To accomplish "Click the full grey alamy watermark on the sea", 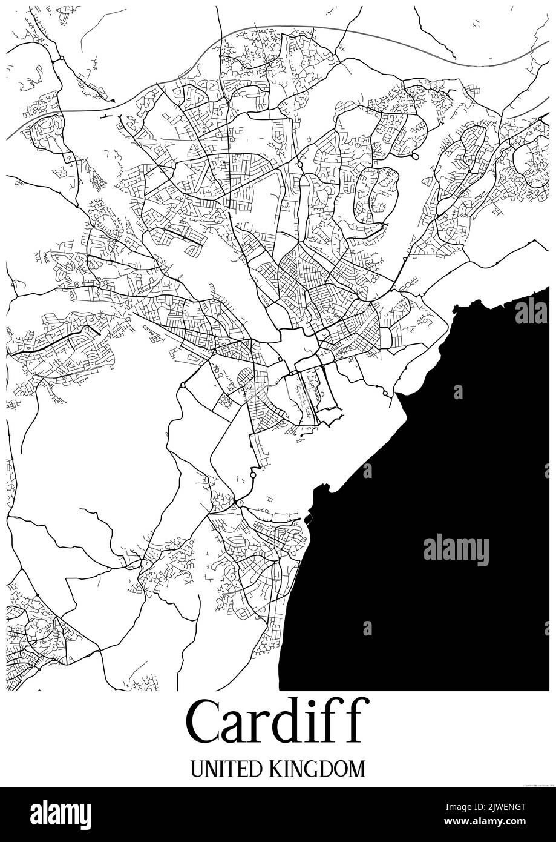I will click(x=456, y=550).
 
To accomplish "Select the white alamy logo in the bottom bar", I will click(x=61, y=814).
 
